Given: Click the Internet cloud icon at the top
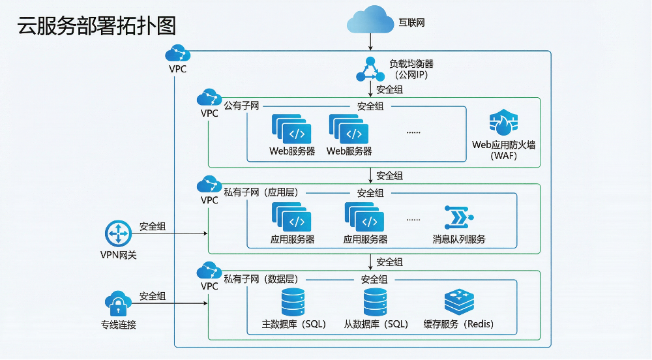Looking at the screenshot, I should point(370,21).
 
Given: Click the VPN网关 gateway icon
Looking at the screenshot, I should point(118,233).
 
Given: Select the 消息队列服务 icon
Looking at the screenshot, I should point(459,218).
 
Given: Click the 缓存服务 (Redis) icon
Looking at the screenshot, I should point(459,303).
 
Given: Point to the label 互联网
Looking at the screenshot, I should point(411,23).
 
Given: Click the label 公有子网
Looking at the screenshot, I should point(242,106).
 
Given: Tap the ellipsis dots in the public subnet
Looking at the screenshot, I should point(413,132).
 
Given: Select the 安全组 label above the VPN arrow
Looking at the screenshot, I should point(153,226).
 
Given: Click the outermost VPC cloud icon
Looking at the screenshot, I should point(177,53).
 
